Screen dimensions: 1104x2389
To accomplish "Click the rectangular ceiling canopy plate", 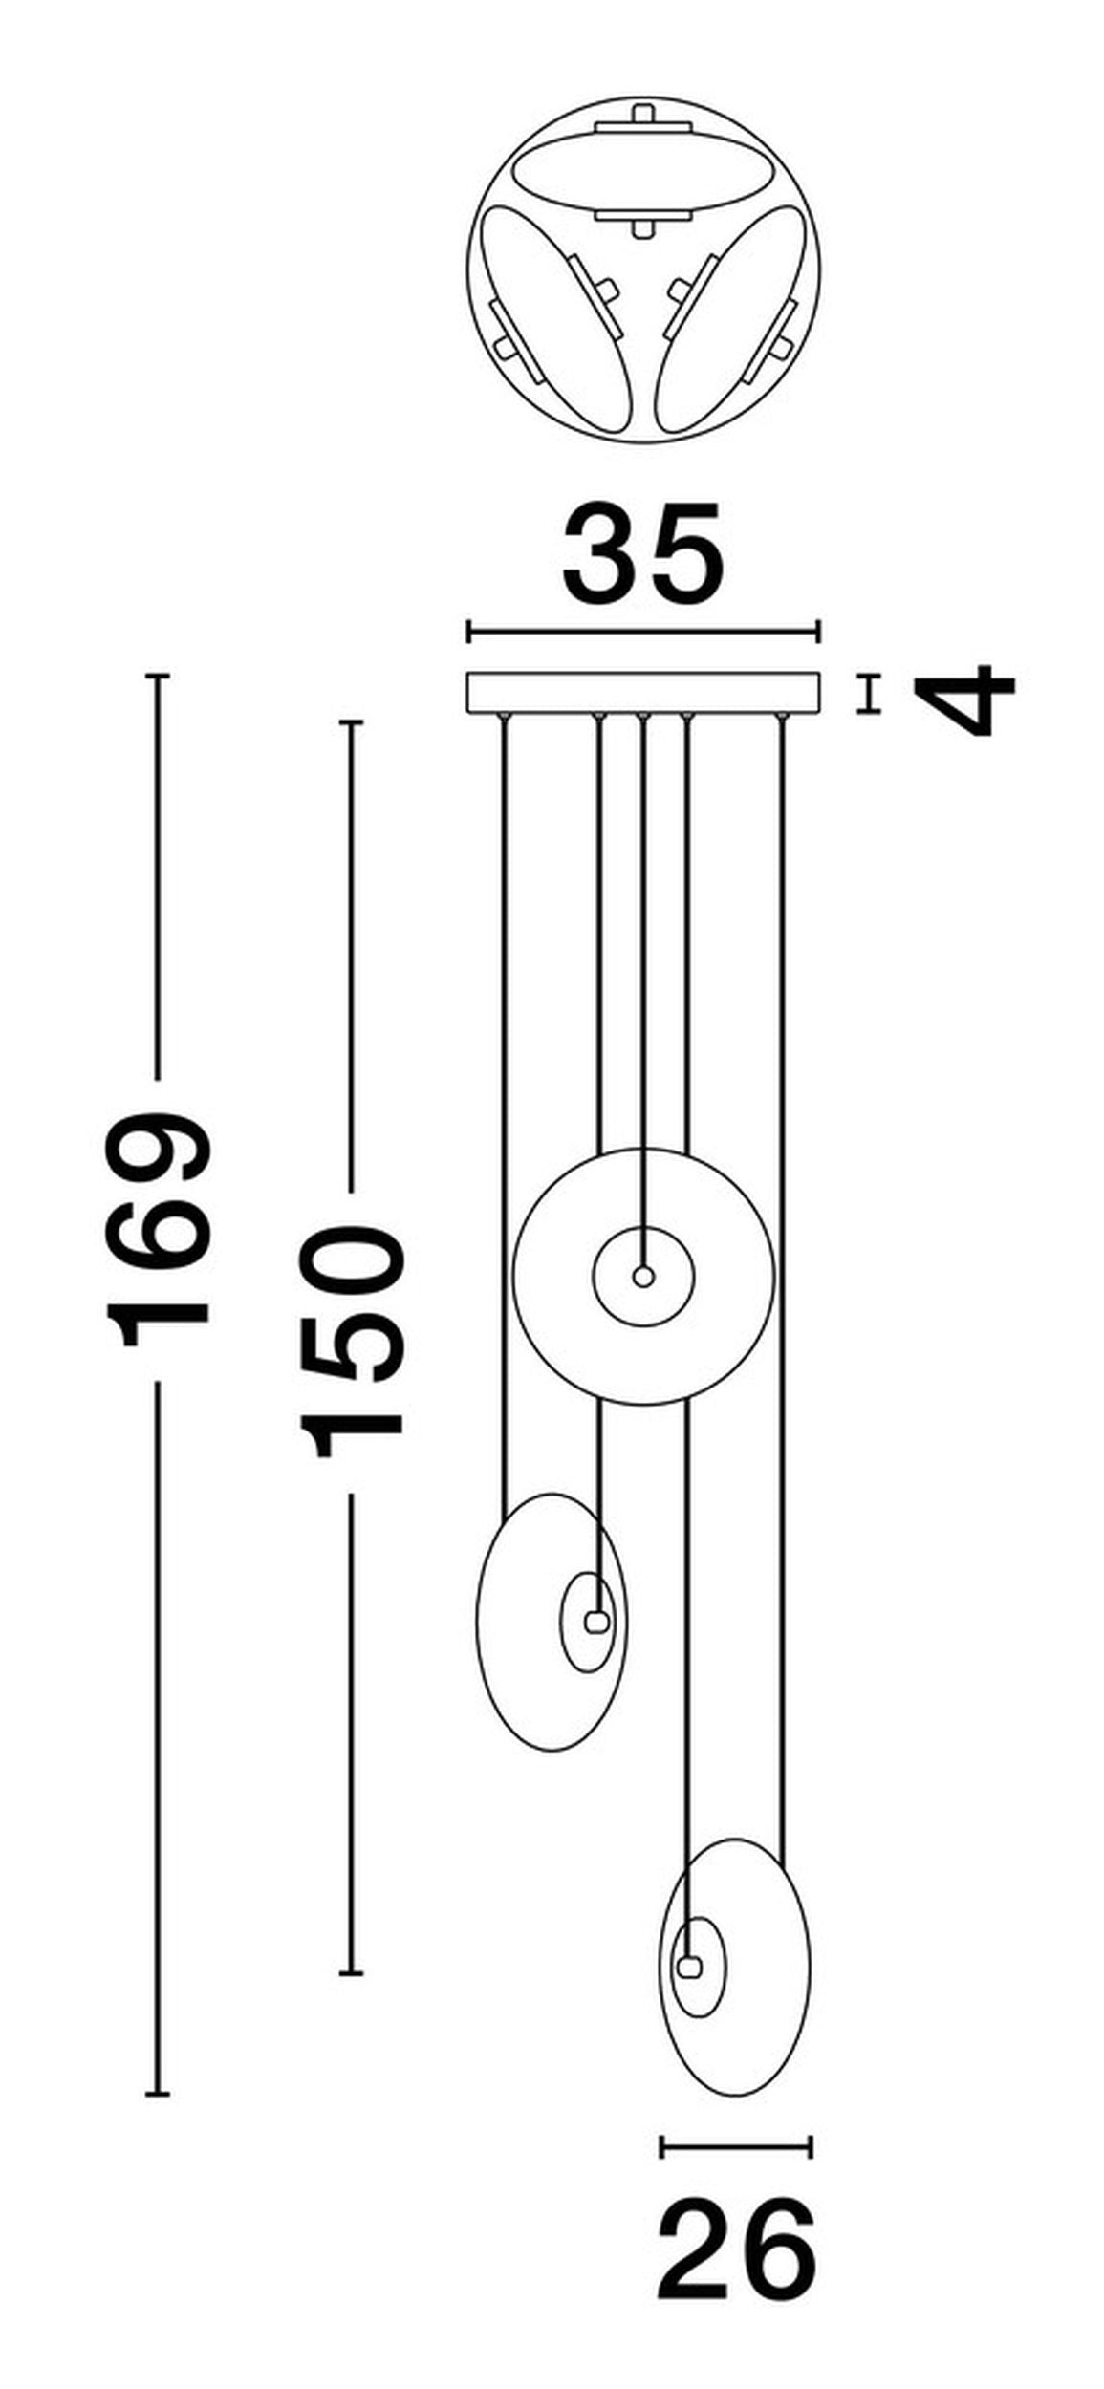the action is (643, 693).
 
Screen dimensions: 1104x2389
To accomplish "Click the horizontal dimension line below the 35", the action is (643, 632).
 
